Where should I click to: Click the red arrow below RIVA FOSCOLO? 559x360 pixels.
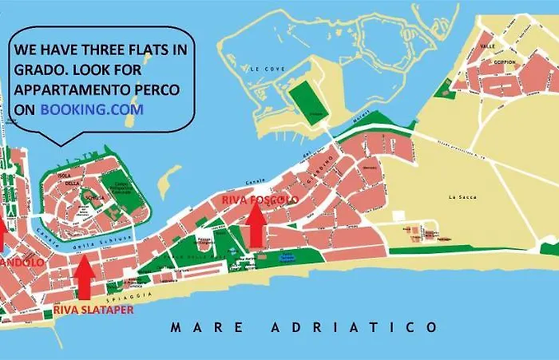(x=256, y=225)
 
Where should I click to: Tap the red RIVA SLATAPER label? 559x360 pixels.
(x=93, y=310)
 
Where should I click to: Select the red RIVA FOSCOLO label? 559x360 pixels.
(x=260, y=199)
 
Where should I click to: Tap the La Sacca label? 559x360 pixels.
(x=461, y=196)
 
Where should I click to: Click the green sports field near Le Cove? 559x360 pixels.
(x=303, y=100)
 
